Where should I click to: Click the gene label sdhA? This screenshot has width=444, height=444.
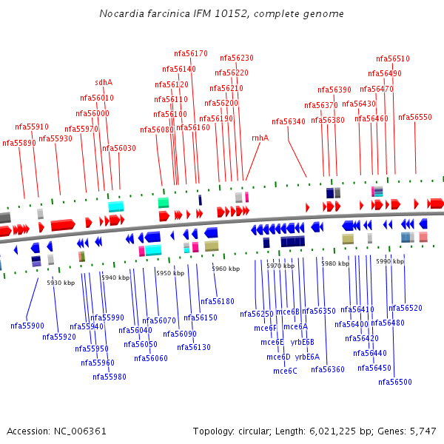(104, 82)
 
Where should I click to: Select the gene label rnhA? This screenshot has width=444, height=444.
(260, 138)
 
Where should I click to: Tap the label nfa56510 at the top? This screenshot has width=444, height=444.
(392, 58)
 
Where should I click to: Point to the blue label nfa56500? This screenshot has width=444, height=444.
(394, 382)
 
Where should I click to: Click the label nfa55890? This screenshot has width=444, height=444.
(18, 143)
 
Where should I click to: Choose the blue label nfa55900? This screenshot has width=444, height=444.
(27, 326)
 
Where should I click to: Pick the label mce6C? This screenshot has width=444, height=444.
(285, 371)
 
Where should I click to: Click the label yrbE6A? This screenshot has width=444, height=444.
(307, 357)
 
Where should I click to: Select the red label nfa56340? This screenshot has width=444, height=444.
(288, 121)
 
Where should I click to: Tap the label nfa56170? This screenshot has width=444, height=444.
(190, 53)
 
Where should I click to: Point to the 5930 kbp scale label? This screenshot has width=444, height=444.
(61, 283)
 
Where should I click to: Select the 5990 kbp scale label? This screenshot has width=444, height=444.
(390, 261)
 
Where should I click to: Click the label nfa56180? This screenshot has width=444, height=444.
(218, 301)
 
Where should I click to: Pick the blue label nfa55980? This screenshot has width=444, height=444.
(109, 377)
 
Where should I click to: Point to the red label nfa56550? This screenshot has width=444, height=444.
(414, 117)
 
